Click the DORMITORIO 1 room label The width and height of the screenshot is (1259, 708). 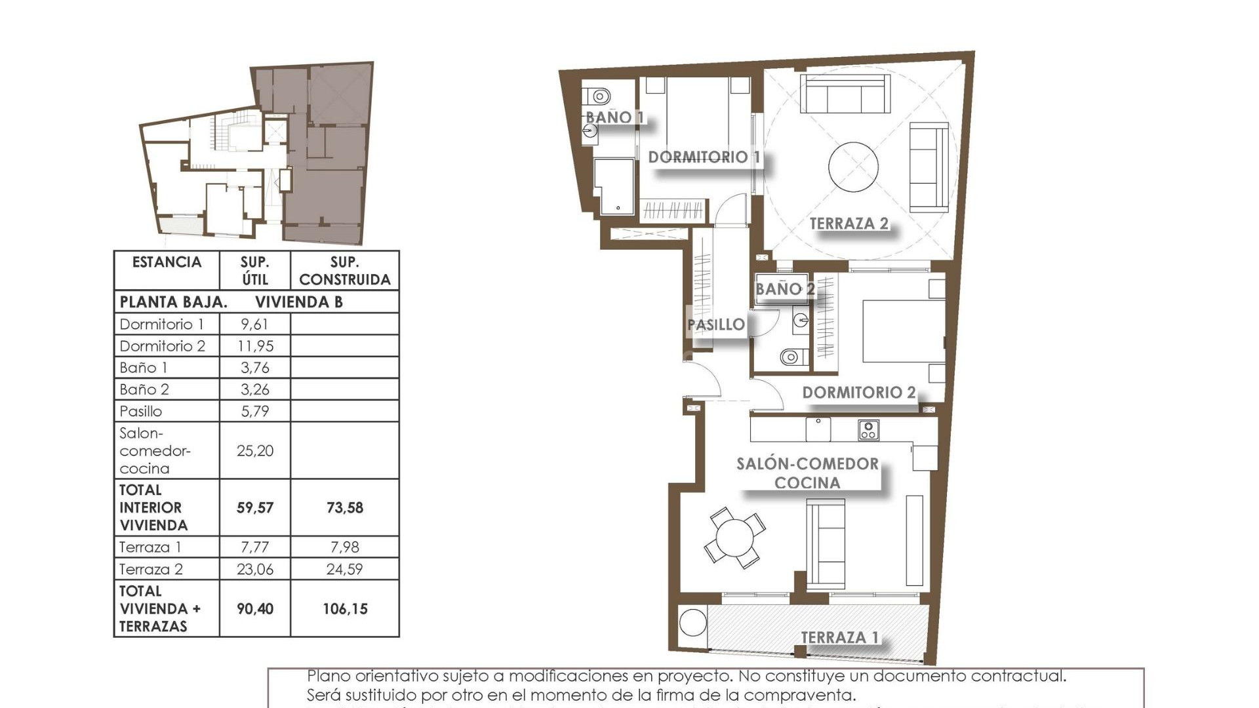pos(704,157)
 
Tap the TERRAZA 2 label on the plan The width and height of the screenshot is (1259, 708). pos(849,224)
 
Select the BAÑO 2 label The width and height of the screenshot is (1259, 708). pos(784,289)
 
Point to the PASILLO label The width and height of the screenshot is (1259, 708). pos(715,324)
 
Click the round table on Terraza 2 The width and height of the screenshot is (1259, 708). pos(853,167)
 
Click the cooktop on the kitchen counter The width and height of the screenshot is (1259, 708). pos(868,430)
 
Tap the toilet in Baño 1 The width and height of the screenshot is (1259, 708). pos(598,96)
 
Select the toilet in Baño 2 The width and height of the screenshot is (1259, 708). pos(791,357)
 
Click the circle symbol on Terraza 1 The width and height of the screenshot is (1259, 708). pos(693,623)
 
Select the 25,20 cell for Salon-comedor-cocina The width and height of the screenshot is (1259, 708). pos(255,450)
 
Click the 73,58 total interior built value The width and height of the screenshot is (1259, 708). pos(344,507)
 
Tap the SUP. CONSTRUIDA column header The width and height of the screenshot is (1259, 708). pos(344,271)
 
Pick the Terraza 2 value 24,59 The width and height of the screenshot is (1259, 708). pos(344,569)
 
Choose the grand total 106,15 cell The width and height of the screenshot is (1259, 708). pos(344,608)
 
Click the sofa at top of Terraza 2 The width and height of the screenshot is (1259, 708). pos(847,94)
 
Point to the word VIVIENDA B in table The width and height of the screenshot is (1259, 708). pos(299,302)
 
